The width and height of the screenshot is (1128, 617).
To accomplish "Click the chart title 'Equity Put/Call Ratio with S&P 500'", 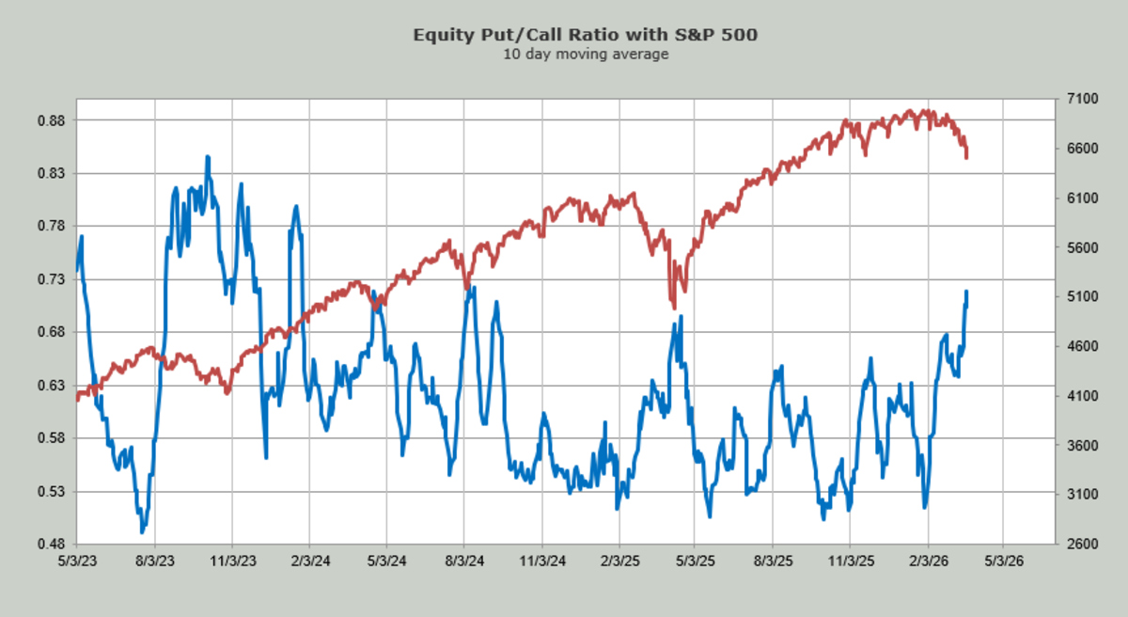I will (x=586, y=36).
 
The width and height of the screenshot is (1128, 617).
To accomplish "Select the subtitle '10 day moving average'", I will (x=586, y=55).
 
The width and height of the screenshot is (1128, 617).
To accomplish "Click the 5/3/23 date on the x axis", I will (x=77, y=560).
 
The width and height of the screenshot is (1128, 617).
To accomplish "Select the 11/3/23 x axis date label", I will (x=232, y=560).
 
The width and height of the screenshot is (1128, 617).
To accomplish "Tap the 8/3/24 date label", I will (x=463, y=560).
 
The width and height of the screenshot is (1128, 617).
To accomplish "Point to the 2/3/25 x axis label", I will (x=619, y=560).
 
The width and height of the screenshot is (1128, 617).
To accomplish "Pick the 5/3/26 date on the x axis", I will (x=1004, y=560).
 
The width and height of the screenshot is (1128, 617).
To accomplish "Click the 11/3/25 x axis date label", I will (x=851, y=560).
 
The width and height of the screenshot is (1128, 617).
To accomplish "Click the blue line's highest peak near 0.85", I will (x=208, y=157).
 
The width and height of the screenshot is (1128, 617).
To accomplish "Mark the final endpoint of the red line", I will (x=966, y=157).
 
